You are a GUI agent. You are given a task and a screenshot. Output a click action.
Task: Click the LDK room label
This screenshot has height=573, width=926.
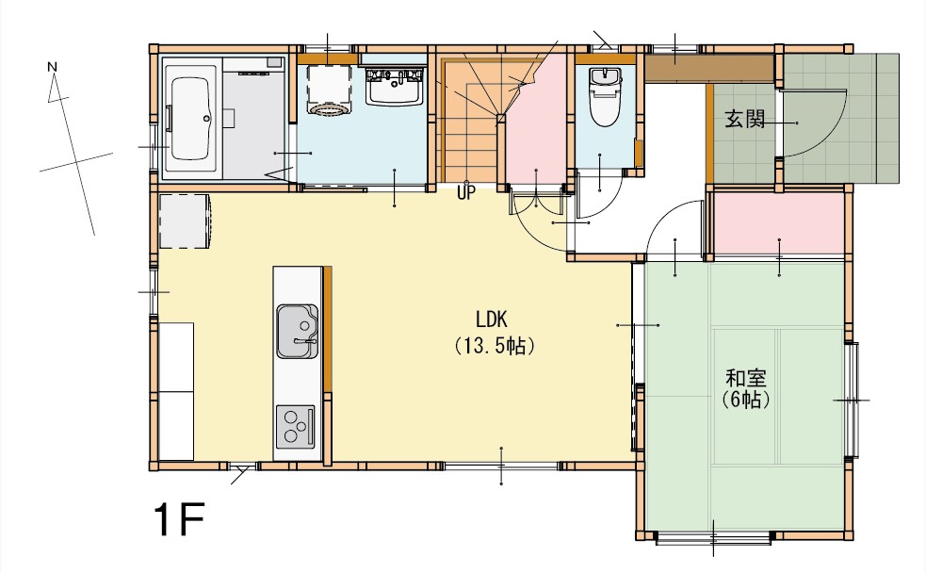point(492,319)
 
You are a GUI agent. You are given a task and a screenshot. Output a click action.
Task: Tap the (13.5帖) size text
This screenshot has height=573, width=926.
point(495,346)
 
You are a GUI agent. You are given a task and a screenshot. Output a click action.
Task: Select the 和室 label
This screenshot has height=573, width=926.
point(746,378)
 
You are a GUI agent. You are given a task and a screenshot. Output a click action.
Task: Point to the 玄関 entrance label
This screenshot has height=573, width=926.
point(745,120)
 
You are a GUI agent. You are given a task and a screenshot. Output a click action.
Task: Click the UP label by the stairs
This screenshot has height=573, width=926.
point(465,193)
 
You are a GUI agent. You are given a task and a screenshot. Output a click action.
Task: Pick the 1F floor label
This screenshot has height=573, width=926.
point(179,520)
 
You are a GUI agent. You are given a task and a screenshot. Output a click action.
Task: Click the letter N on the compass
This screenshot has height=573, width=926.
point(52,67)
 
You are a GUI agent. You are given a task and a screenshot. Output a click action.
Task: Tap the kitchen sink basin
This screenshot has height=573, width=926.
point(297,332)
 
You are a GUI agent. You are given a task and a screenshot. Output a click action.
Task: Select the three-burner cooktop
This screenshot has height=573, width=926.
point(295,427)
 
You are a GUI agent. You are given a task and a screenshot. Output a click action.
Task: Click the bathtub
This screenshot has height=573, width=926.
point(189,119)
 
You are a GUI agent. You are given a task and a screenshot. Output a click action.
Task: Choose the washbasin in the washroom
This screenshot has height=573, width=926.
point(395,87)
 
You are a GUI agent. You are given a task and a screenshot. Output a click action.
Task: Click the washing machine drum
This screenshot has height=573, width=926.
point(330,108)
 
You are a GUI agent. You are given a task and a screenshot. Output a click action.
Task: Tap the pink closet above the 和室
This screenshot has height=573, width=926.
point(780,222)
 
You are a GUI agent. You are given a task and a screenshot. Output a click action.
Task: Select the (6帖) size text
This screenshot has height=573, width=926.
point(746,401)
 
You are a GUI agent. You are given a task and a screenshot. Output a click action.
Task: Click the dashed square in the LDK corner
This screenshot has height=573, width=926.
point(185,221)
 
